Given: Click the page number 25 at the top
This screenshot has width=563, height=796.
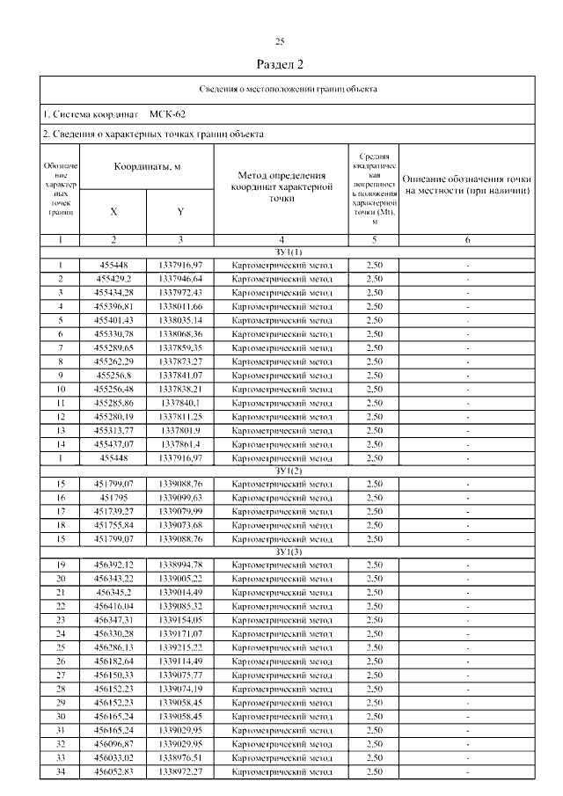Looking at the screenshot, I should [x=281, y=40].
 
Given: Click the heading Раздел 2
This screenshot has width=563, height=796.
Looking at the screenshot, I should [x=281, y=64].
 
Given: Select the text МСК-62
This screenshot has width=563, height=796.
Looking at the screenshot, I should [x=167, y=115].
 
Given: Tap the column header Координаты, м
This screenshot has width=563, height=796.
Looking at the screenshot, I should [x=146, y=166].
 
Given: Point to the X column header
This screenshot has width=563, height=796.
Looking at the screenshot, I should [x=113, y=212].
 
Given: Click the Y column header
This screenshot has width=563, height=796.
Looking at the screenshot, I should [x=180, y=212].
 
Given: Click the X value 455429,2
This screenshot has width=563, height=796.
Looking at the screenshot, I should [x=113, y=278].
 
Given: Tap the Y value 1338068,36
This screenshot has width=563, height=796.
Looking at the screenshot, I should [x=180, y=333].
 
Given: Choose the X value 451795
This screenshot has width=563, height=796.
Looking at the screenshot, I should [x=113, y=498].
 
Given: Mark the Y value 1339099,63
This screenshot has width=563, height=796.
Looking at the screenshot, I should [x=180, y=498].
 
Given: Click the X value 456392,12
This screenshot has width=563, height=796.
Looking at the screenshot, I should [x=113, y=566].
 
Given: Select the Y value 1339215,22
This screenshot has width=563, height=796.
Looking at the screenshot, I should [x=180, y=647].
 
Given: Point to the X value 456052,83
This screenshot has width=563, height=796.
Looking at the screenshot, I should [x=113, y=771].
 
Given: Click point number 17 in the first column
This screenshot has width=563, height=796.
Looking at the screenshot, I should [x=61, y=511].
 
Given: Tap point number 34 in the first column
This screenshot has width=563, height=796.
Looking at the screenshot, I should [x=61, y=771].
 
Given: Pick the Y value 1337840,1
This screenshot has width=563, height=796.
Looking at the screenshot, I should [x=180, y=402].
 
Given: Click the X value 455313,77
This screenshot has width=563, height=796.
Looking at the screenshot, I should [x=113, y=430].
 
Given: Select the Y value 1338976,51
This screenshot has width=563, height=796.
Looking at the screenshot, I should [x=180, y=758].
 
